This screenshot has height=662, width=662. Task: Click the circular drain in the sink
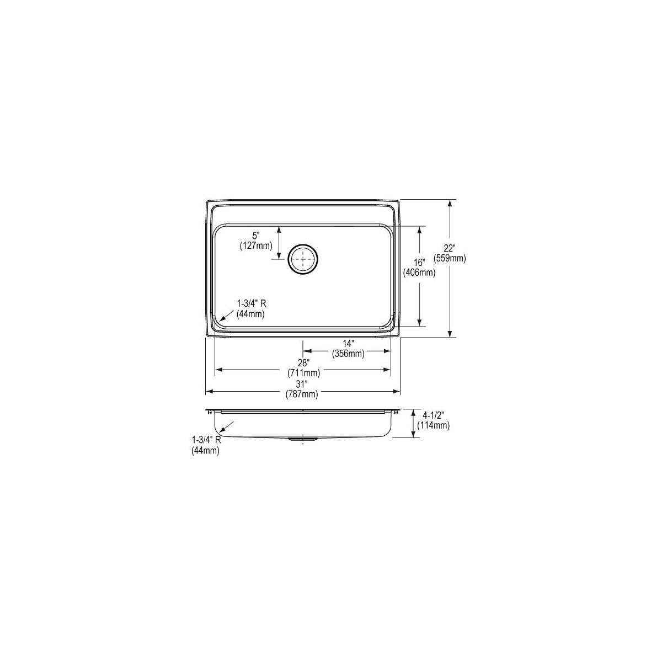(303, 260)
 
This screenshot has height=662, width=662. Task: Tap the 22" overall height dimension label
(449, 248)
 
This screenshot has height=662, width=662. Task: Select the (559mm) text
(450, 258)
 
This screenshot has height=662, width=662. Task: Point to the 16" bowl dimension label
(419, 263)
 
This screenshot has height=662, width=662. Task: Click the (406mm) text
(419, 273)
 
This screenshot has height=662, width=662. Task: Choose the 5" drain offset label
(255, 236)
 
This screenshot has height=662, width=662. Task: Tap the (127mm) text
(256, 245)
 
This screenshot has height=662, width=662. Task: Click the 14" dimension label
(348, 343)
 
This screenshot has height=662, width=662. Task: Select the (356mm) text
(348, 353)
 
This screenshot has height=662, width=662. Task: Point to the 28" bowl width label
(303, 362)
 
